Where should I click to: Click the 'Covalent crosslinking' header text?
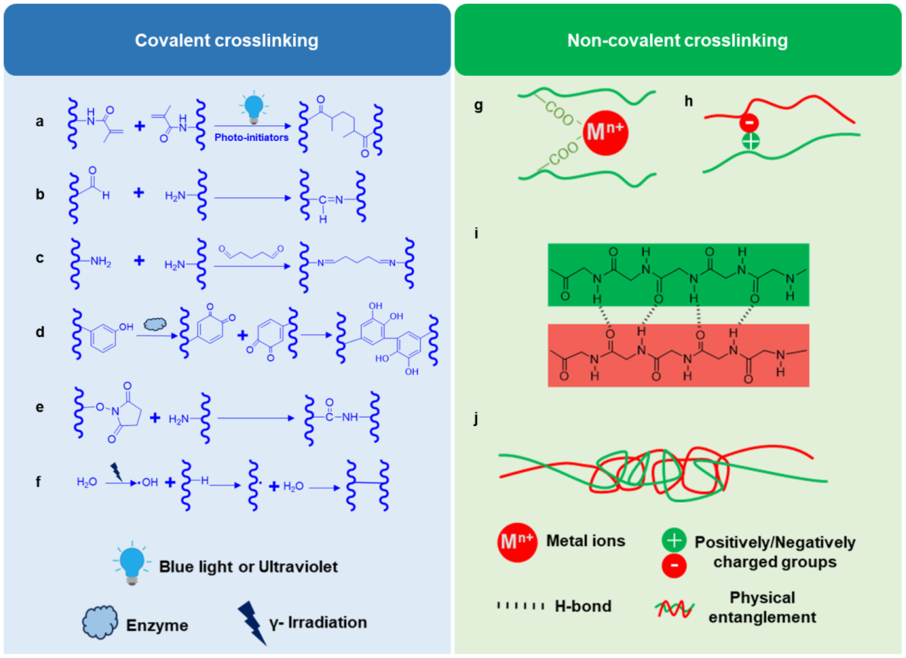pyautogui.click(x=227, y=40)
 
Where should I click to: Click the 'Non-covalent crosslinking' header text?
pyautogui.click(x=677, y=40)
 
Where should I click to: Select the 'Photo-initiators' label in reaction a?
pyautogui.click(x=251, y=137)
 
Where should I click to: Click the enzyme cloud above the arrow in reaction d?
pyautogui.click(x=155, y=324)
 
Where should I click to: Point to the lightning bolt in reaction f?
pyautogui.click(x=116, y=472)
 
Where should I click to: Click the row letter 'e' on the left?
pyautogui.click(x=40, y=407)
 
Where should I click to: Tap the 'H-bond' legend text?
pyautogui.click(x=583, y=606)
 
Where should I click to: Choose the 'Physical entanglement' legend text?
pyautogui.click(x=762, y=607)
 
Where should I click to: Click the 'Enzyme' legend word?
pyautogui.click(x=157, y=625)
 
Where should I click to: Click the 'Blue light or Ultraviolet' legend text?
pyautogui.click(x=248, y=566)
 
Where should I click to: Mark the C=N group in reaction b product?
pyautogui.click(x=331, y=199)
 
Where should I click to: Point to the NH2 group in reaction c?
pyautogui.click(x=100, y=262)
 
